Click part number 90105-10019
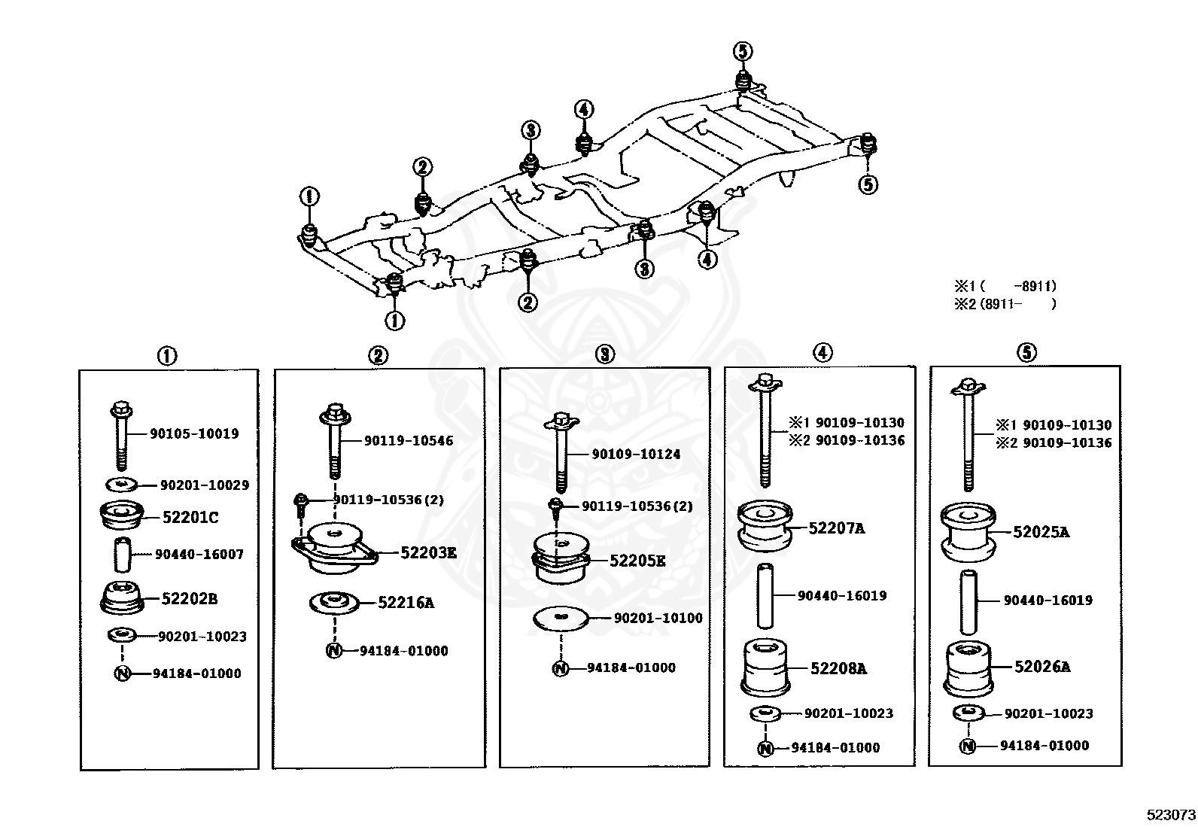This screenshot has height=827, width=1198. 194,434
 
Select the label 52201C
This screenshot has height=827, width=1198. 190,518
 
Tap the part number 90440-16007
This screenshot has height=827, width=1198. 199,554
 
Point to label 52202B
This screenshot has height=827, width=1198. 190,598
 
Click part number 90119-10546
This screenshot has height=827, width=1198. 409,441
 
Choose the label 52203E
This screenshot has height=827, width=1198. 428,552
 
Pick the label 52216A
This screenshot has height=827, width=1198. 406,603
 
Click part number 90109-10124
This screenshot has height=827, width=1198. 636,455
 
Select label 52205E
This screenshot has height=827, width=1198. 637,561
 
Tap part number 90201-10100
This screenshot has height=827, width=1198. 658,618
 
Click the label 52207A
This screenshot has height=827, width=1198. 837,528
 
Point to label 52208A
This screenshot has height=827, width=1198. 838,669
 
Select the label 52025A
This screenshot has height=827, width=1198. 1041,532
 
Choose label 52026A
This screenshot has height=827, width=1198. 1042,667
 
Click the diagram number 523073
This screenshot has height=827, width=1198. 1171,815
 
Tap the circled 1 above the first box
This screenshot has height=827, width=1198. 167,356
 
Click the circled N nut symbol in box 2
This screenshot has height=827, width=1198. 333,650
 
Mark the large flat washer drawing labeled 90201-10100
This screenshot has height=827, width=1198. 561,619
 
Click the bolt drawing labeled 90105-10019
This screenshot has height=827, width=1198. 121,436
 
